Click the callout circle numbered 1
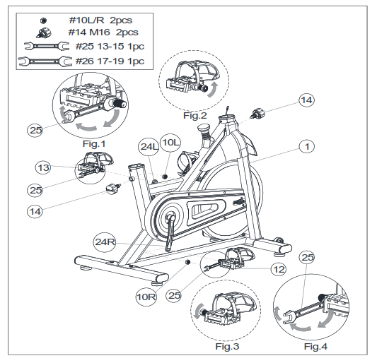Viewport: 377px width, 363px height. (x=306, y=146)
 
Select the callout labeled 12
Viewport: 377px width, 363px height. (x=279, y=269)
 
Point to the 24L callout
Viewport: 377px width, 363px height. (x=148, y=147)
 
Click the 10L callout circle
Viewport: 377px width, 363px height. (x=170, y=143)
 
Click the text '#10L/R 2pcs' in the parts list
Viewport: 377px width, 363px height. (x=106, y=20)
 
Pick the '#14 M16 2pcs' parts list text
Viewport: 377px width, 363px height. (x=105, y=32)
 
